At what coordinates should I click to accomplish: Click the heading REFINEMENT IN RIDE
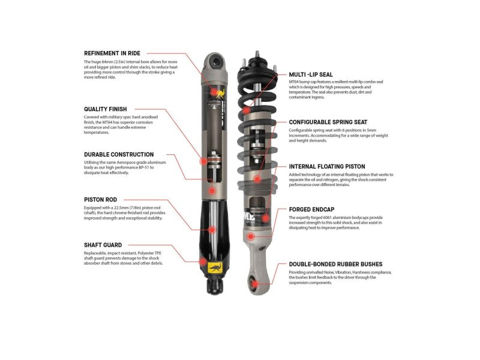point(112,53)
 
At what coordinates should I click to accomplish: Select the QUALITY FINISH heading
point(106,109)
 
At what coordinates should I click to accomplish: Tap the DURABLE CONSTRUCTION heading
point(119,155)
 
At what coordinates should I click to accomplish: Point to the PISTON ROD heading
point(100,200)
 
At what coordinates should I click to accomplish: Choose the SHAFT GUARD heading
point(103,245)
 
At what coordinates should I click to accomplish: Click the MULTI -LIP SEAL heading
point(311,74)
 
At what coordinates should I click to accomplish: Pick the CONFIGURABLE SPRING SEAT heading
point(328,122)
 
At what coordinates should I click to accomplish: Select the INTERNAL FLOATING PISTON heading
point(327,167)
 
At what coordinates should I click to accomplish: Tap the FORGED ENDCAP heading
point(311,209)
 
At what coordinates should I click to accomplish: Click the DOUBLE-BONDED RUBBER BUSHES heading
point(335,264)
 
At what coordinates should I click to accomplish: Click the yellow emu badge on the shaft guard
point(215,267)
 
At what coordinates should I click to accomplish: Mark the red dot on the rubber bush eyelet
point(254,284)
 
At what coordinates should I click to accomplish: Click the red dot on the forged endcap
point(251,236)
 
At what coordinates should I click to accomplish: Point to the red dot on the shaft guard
point(203,262)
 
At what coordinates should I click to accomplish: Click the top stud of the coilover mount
point(257,54)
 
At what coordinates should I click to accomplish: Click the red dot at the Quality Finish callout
point(203,161)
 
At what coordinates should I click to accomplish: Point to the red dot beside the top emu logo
point(214,92)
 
